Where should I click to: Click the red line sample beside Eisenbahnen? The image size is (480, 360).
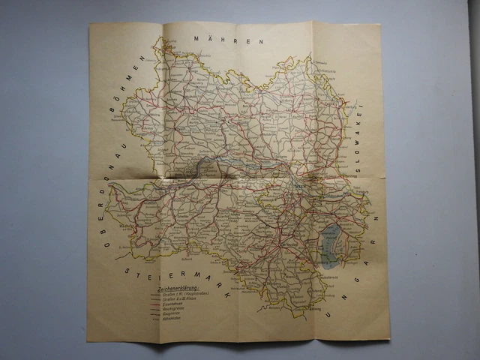pyautogui.click(x=154, y=304)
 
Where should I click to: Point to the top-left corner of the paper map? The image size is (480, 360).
pyautogui.click(x=90, y=22)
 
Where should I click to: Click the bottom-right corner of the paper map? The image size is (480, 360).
pyautogui.click(x=389, y=339)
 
